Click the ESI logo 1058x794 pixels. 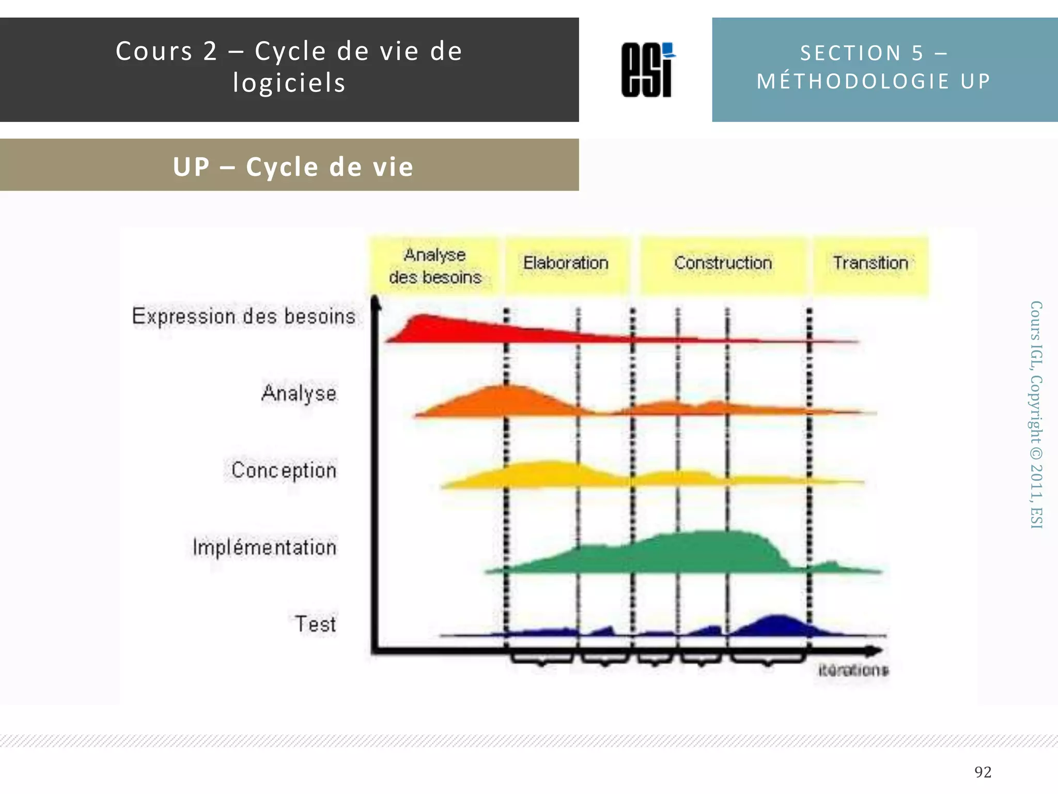[648, 70]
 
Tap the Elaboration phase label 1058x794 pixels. [566, 263]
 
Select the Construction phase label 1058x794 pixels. [723, 263]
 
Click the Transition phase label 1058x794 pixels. [870, 263]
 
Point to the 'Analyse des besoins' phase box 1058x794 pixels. [435, 266]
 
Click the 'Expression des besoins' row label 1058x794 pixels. [244, 316]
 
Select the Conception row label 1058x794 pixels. [284, 470]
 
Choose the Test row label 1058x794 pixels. [315, 624]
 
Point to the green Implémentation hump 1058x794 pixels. [713, 551]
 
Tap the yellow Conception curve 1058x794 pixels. [548, 473]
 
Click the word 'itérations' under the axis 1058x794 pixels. [853, 670]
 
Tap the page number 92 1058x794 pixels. [983, 772]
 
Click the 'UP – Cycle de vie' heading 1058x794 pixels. [293, 166]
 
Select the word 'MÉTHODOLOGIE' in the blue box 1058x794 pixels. [853, 81]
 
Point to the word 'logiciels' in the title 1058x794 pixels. [289, 83]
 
